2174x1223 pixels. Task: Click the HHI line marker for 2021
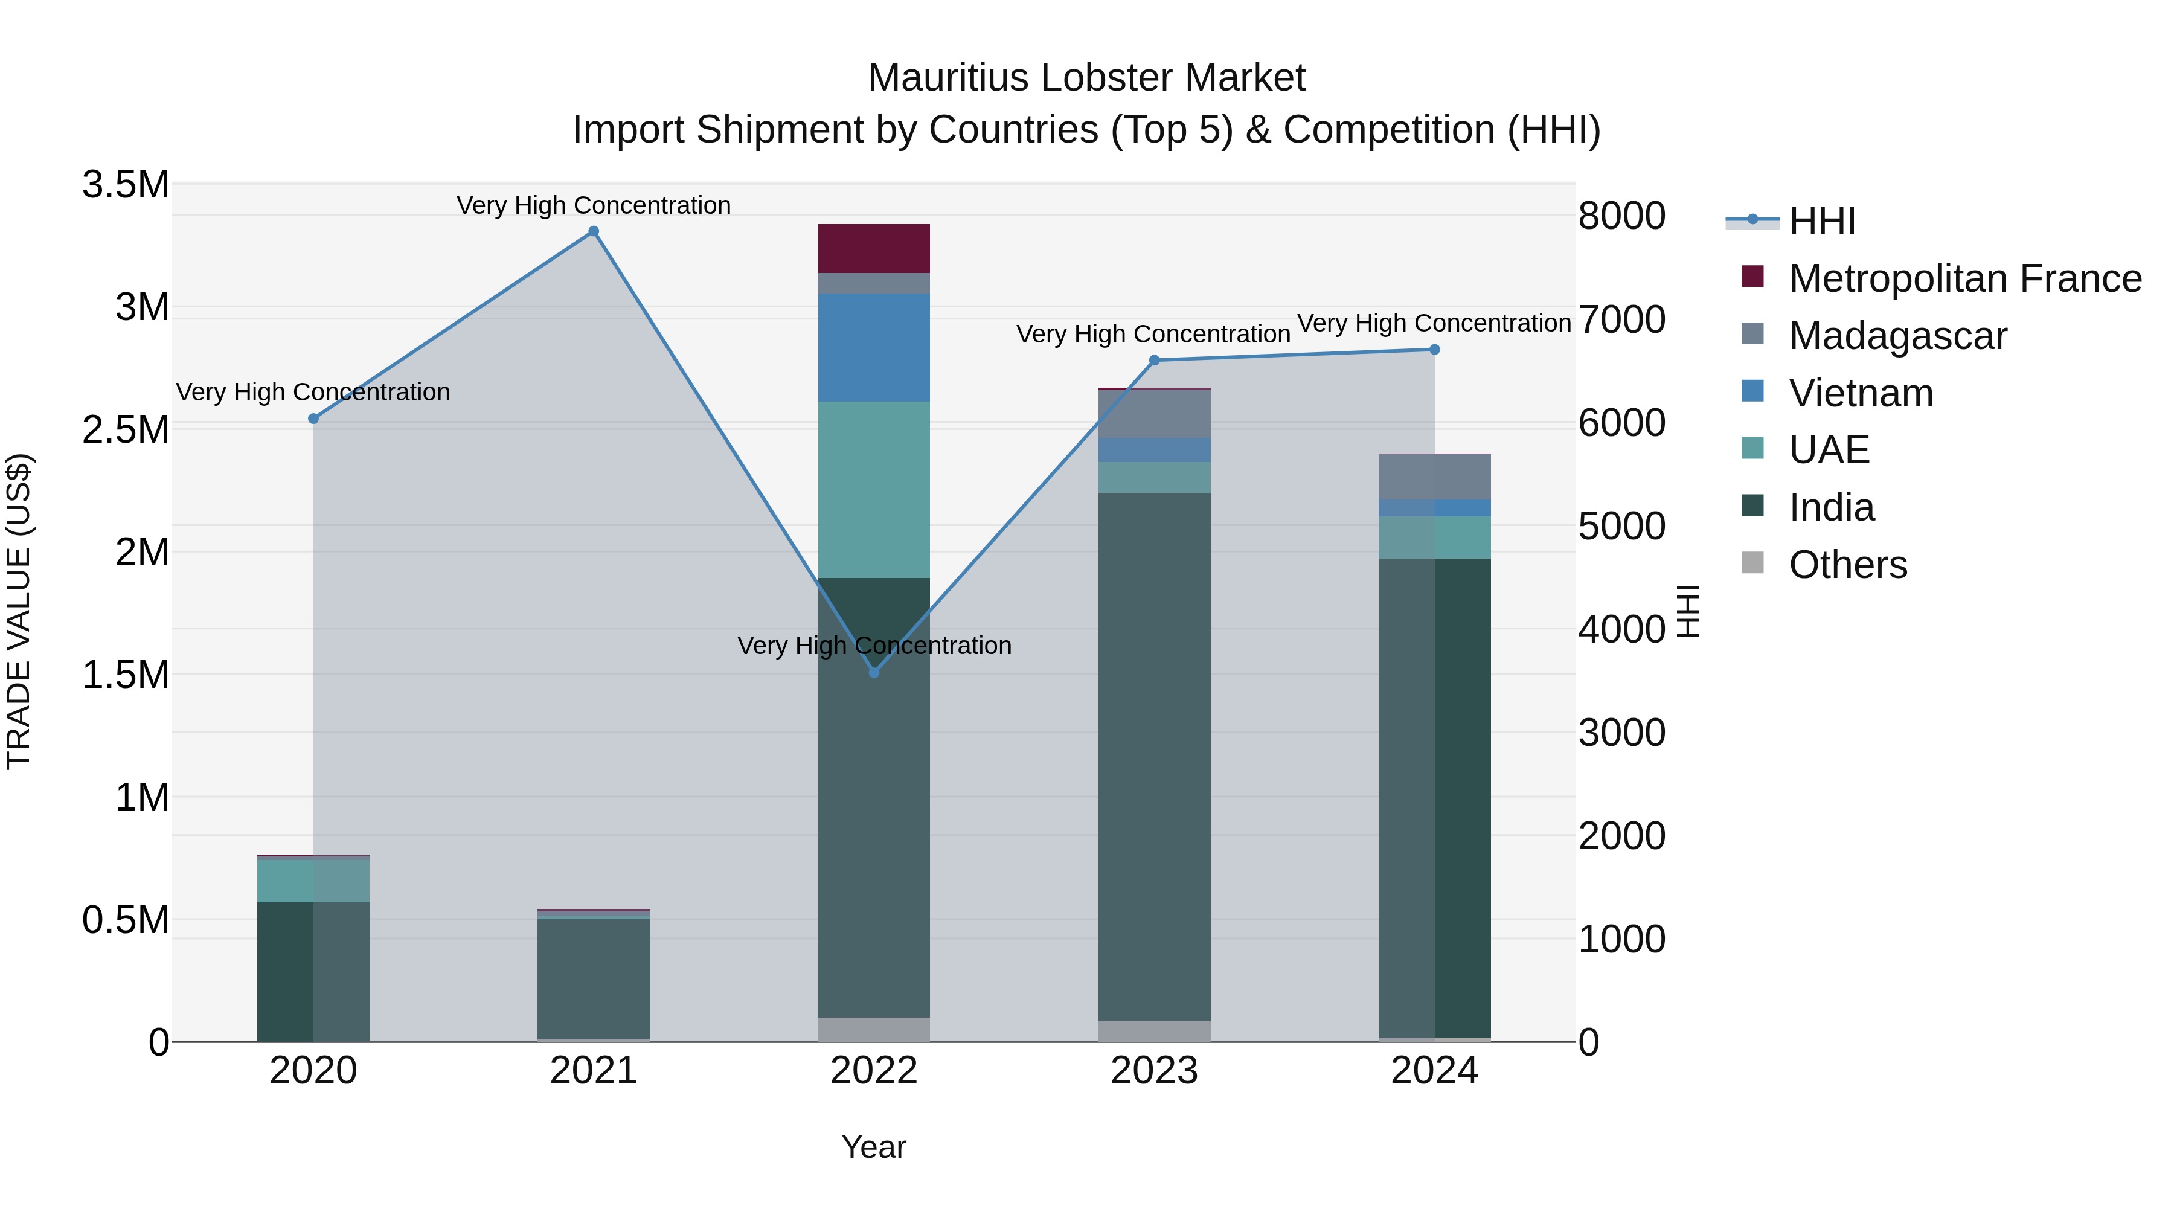[593, 231]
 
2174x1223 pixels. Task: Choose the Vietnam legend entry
[1860, 393]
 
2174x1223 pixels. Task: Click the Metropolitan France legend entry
[1964, 278]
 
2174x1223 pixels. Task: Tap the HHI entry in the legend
[1821, 221]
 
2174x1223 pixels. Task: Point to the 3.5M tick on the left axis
[125, 185]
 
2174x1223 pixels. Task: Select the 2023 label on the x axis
[1153, 1071]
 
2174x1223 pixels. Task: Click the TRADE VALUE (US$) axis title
[19, 611]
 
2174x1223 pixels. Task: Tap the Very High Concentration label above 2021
[593, 205]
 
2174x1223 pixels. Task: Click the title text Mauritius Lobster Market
[1086, 78]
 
